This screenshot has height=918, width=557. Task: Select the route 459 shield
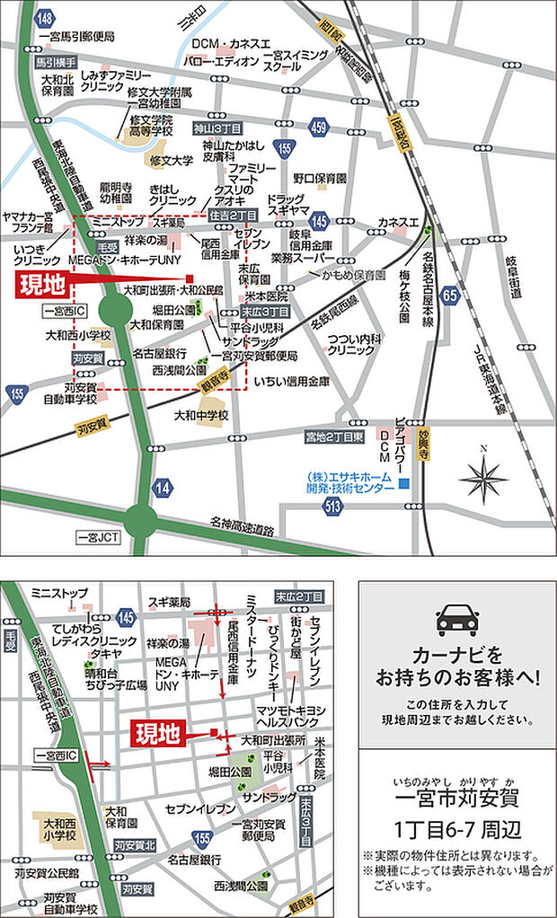pos(318,128)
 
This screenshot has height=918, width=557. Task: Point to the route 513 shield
pos(334,506)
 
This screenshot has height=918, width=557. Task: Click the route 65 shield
pos(450,295)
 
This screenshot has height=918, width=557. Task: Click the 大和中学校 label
pos(201,415)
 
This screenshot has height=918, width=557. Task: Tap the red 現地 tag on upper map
pos(43,285)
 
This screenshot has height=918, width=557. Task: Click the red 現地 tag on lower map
pos(158,734)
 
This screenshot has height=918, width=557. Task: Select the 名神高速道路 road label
pos(243,522)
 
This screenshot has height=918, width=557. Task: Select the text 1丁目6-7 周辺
pos(456,826)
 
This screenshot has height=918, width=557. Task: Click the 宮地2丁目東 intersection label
pos(335,436)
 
